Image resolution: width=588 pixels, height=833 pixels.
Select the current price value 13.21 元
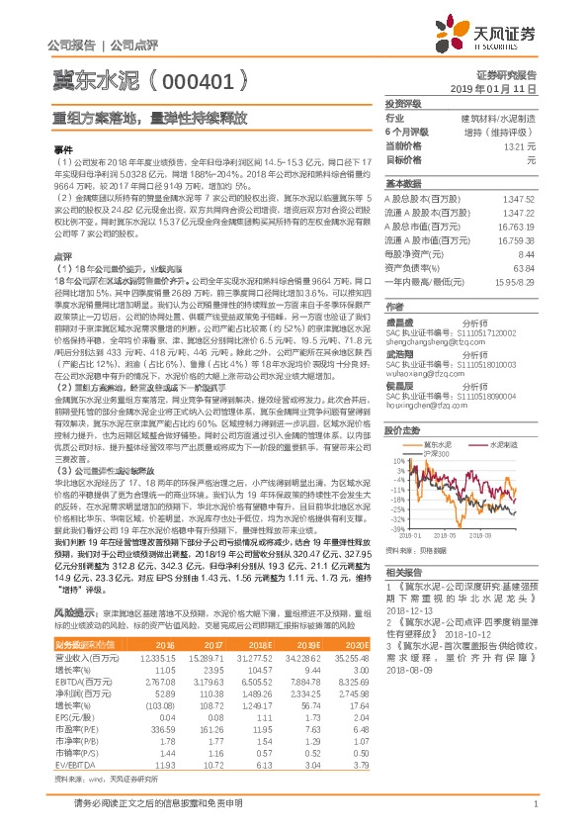[x=519, y=145]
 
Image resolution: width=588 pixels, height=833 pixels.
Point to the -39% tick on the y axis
[x=396, y=528]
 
